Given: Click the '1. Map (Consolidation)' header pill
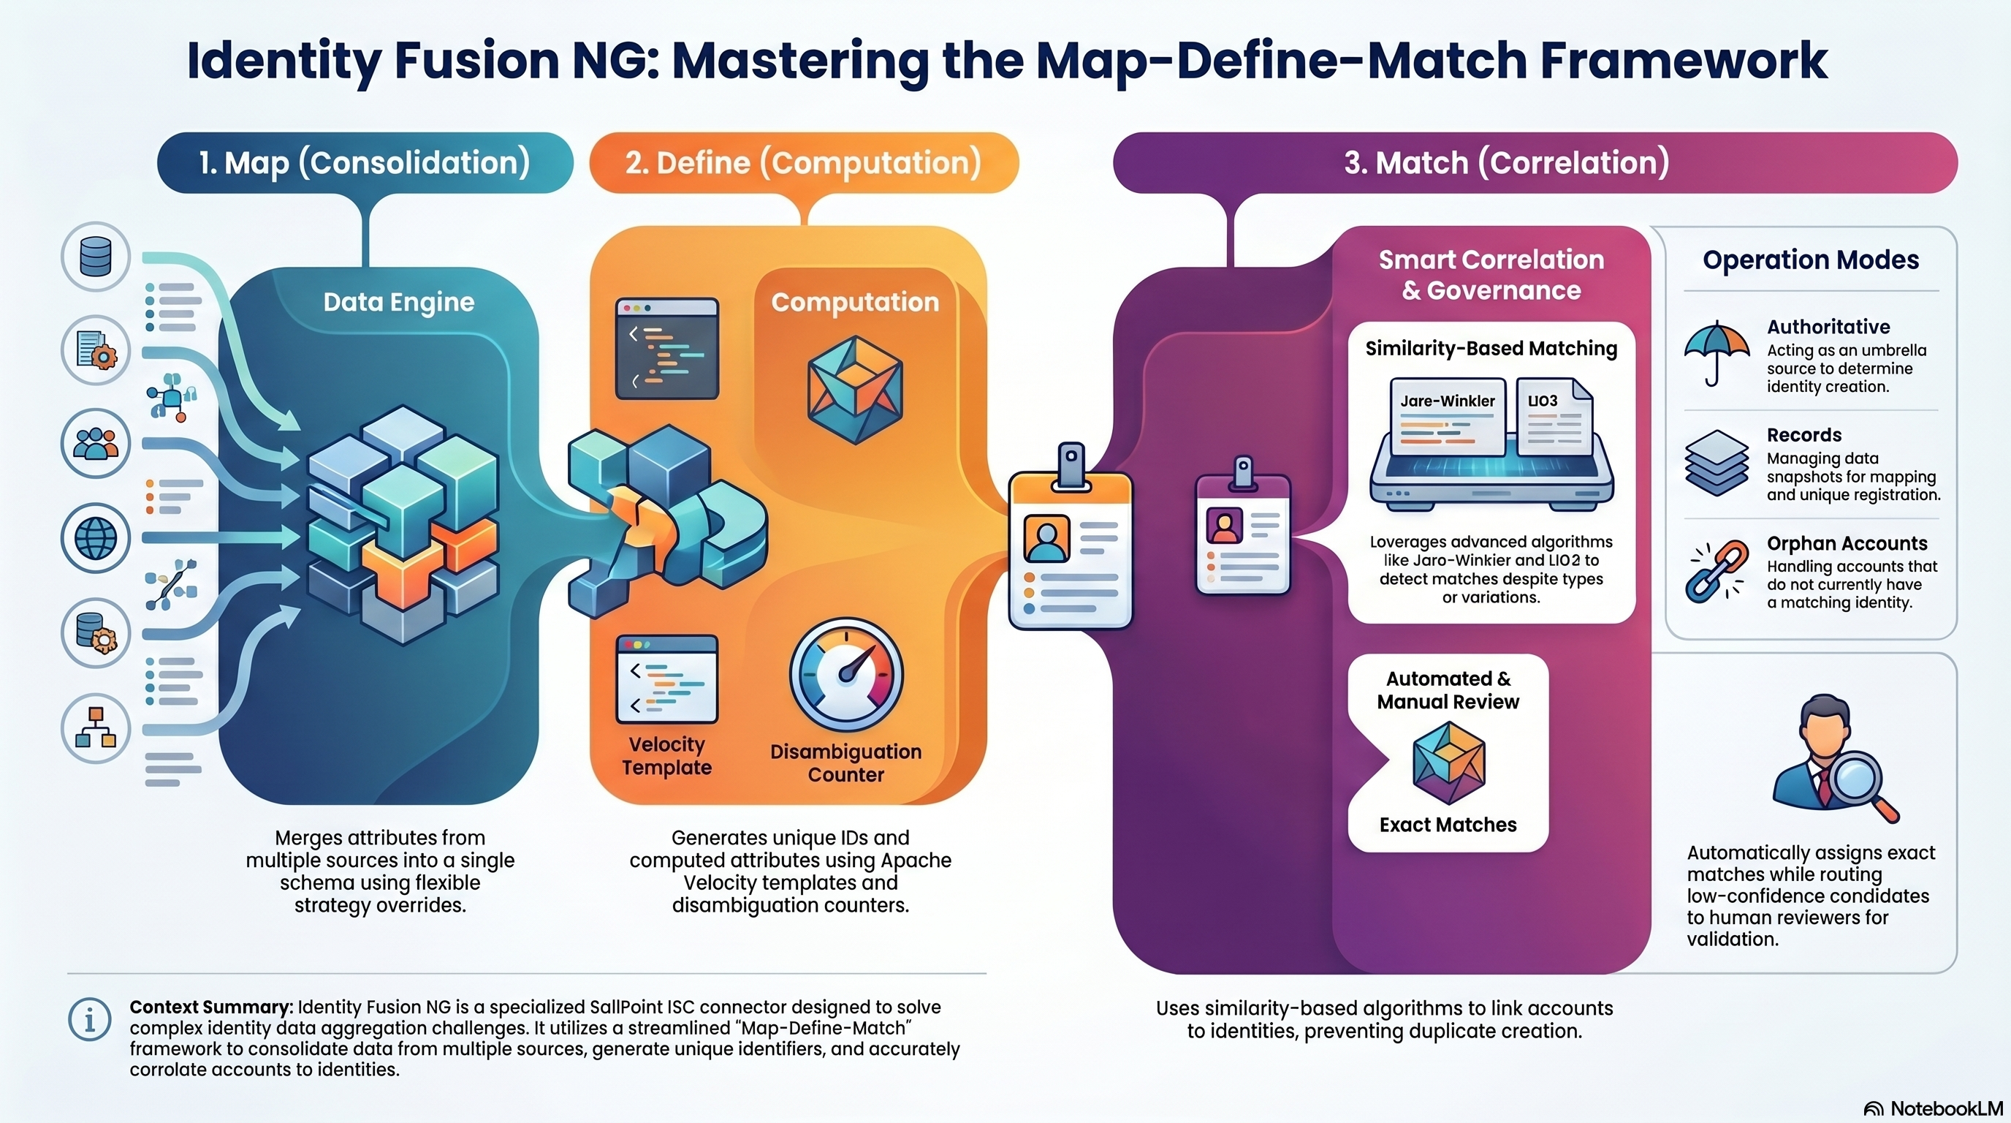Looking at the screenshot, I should point(365,162).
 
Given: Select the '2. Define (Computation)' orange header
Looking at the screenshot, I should point(803,162).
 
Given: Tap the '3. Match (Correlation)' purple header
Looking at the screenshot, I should point(1506,162).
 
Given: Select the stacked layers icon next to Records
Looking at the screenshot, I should point(1716,463).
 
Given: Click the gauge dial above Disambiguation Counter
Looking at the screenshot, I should point(846,674).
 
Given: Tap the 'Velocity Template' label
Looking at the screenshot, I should point(666,755).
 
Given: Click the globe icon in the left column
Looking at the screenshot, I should point(95,537).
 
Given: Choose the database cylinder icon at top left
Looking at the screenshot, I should point(95,256).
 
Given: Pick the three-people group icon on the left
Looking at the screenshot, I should point(95,444).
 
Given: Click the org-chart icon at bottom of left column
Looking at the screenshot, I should point(95,728).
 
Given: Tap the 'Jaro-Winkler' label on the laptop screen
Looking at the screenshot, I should point(1448,401).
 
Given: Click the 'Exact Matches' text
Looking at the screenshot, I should point(1448,825).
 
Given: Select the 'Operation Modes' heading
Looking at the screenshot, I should point(1810,260).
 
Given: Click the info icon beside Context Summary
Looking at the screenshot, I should point(90,1019).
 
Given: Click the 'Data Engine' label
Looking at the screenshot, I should point(398,302).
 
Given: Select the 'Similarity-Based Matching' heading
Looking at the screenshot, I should point(1491,348).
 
